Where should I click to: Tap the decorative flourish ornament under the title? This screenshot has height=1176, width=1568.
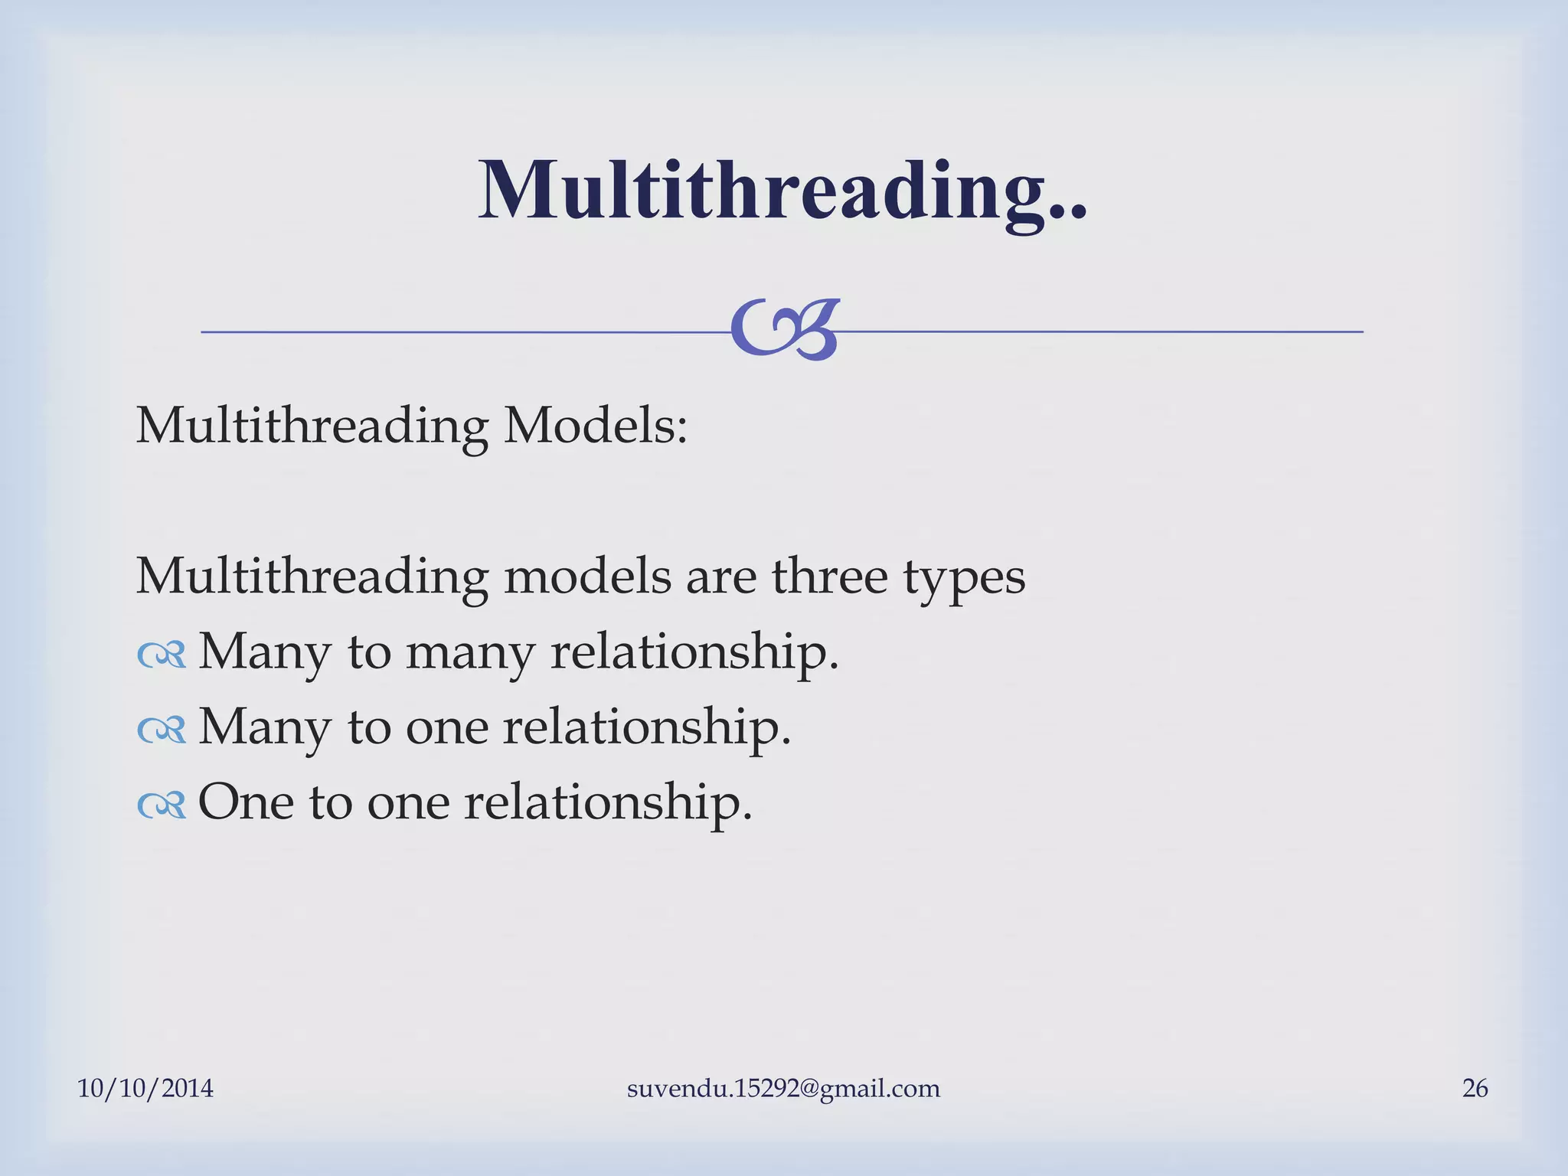[785, 330]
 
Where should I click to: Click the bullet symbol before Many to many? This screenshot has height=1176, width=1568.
[162, 655]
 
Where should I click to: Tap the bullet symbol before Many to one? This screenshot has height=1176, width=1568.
[162, 730]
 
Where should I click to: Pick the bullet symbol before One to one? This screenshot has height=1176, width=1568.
[162, 805]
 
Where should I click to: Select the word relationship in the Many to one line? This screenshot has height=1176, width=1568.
[646, 727]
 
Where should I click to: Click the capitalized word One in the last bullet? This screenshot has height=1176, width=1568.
[246, 802]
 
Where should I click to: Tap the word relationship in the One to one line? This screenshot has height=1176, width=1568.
[608, 802]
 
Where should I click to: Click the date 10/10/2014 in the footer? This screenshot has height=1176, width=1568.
[145, 1088]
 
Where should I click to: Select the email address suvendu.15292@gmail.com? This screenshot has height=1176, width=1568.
[783, 1088]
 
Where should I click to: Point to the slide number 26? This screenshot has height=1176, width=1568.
[1475, 1088]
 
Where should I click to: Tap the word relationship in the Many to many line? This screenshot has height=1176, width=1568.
[694, 652]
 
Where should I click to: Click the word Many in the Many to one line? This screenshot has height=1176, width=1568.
[265, 727]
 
